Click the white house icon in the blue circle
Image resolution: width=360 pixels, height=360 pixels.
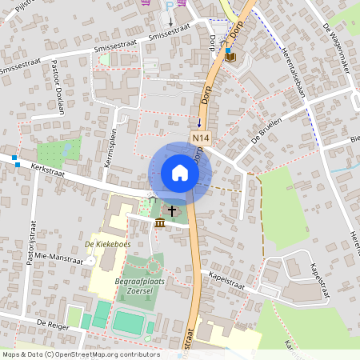pos(180,173)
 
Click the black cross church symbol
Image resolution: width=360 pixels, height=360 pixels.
pos(172,210)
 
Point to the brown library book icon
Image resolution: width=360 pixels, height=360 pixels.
pos(230,56)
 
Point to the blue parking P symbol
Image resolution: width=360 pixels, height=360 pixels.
pos(169,5)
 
